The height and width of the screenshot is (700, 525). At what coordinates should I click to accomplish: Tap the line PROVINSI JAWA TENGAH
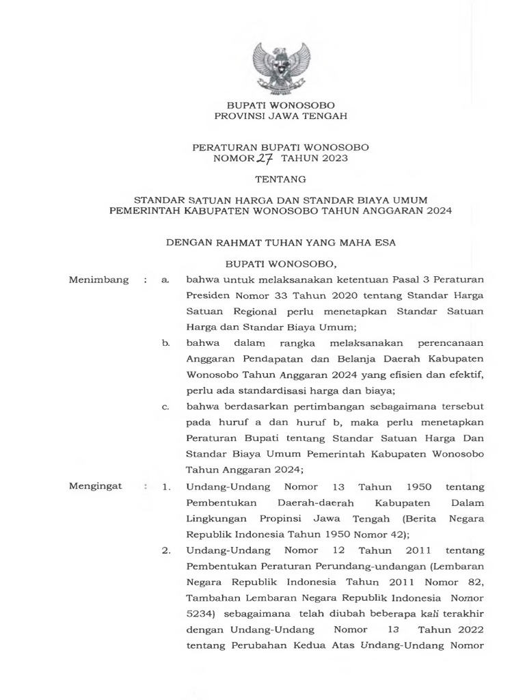tap(281, 116)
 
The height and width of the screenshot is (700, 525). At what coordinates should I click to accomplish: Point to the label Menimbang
tap(99, 280)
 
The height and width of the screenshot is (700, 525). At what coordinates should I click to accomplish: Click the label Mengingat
tap(96, 486)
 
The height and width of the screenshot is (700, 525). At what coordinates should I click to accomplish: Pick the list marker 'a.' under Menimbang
tap(165, 280)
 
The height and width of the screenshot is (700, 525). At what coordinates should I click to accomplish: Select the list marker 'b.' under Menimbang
tap(165, 342)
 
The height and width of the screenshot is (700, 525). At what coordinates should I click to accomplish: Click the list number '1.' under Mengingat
tap(165, 487)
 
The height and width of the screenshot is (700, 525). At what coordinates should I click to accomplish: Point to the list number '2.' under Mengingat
tap(165, 550)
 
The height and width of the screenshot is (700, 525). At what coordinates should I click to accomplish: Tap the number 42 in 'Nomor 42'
tap(395, 533)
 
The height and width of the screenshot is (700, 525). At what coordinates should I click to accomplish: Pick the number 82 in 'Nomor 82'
tap(474, 581)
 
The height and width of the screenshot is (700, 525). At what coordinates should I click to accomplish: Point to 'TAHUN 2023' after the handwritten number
tap(321, 159)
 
